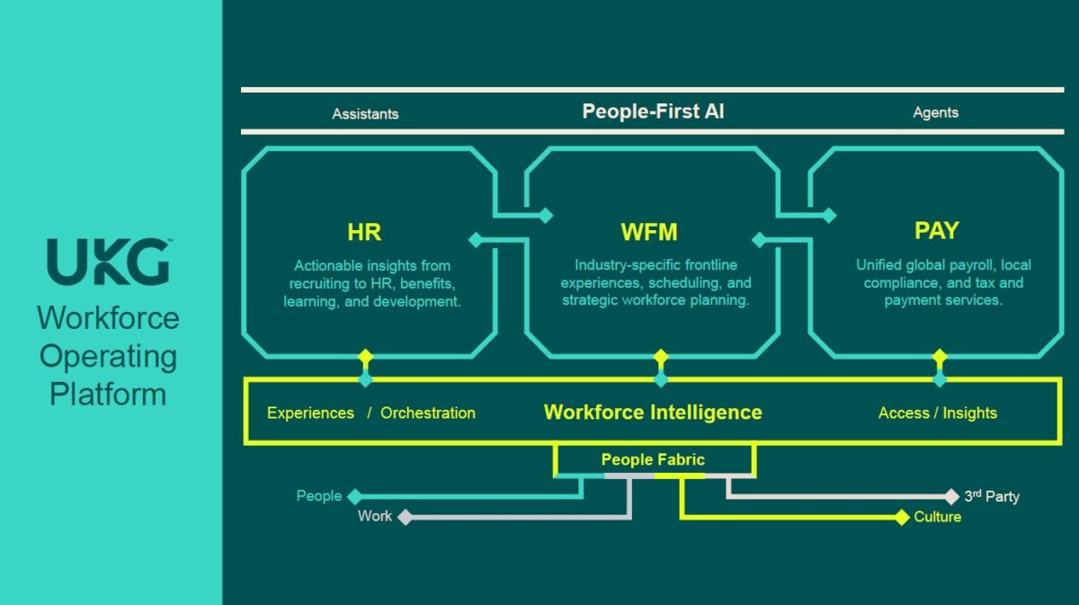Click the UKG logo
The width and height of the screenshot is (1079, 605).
pyautogui.click(x=109, y=262)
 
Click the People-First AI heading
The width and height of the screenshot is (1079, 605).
pyautogui.click(x=653, y=111)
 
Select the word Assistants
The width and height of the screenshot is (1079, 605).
pyautogui.click(x=365, y=114)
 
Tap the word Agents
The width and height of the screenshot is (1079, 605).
pyautogui.click(x=935, y=112)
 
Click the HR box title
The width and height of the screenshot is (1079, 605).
pyautogui.click(x=364, y=232)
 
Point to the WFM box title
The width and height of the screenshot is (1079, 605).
pyautogui.click(x=649, y=233)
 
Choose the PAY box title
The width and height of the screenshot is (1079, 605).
pyautogui.click(x=936, y=231)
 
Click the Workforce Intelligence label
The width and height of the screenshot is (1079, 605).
pyautogui.click(x=653, y=413)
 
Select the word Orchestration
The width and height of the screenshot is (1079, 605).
pyautogui.click(x=428, y=414)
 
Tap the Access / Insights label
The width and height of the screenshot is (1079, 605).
pyautogui.click(x=937, y=414)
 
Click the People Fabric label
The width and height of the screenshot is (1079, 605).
pyautogui.click(x=653, y=460)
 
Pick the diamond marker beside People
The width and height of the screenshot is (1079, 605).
pyautogui.click(x=355, y=496)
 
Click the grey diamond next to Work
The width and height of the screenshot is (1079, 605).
pyautogui.click(x=406, y=517)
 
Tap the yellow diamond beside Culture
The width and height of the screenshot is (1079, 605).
pyautogui.click(x=902, y=517)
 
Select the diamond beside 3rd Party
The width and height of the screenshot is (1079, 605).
pyautogui.click(x=952, y=496)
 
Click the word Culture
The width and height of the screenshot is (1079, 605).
pyautogui.click(x=937, y=517)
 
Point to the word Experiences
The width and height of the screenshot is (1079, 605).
pyautogui.click(x=310, y=414)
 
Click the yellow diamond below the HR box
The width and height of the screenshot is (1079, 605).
pyautogui.click(x=365, y=357)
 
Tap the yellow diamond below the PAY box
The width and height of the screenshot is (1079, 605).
pyautogui.click(x=940, y=357)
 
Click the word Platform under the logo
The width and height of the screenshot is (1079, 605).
pyautogui.click(x=108, y=395)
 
